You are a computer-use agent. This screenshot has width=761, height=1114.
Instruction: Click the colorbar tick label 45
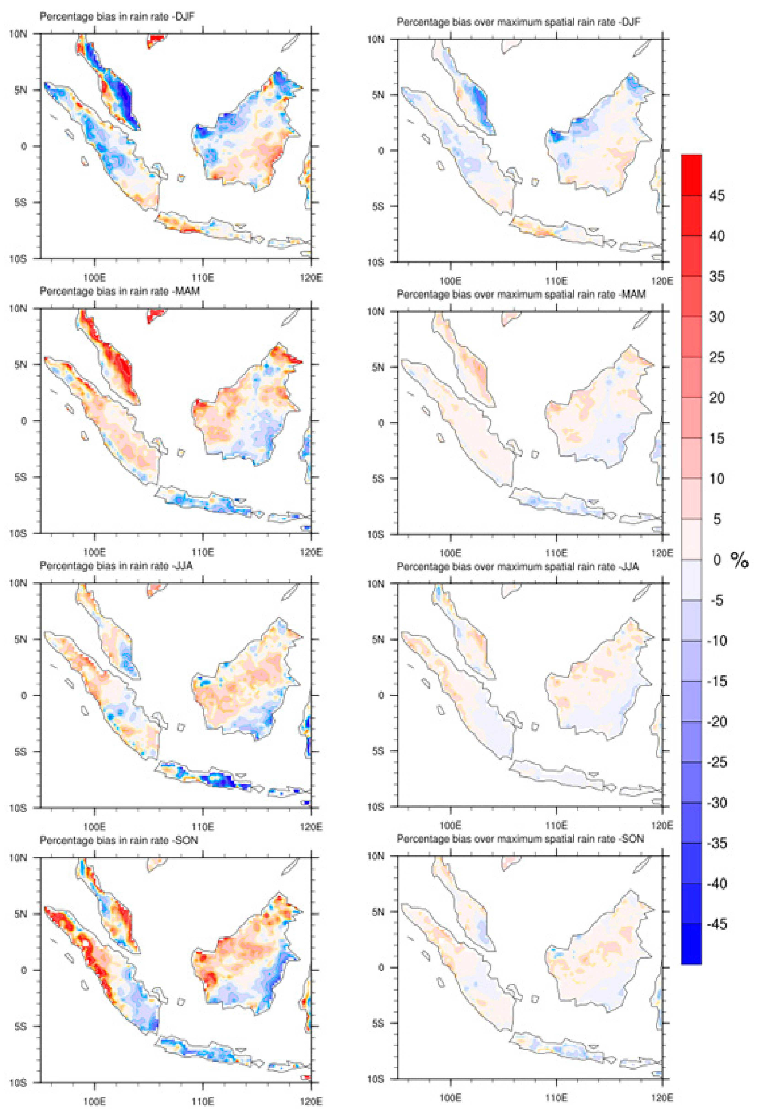[x=717, y=195]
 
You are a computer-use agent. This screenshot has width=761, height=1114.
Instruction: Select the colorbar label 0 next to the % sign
[x=717, y=559]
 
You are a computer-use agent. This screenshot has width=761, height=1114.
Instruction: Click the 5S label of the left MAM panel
[x=20, y=477]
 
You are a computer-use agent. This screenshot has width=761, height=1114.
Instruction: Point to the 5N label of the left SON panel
[x=20, y=914]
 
